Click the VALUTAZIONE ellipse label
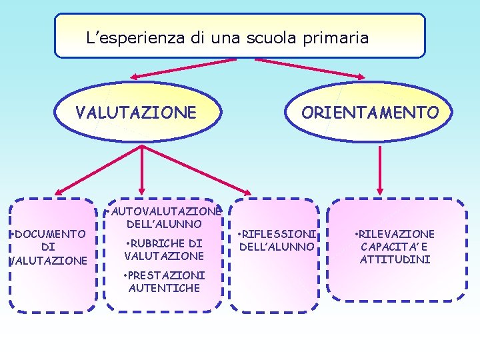(x=136, y=112)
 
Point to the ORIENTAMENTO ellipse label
(x=370, y=112)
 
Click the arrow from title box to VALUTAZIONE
(x=187, y=65)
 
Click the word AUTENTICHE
(x=164, y=288)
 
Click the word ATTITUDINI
(x=395, y=259)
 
